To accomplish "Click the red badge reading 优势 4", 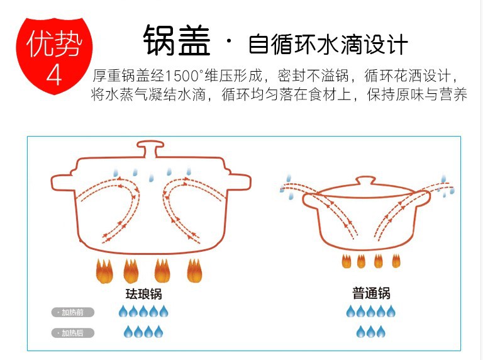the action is [54, 53].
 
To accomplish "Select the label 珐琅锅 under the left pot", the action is [148, 294].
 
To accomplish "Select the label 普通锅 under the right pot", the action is [371, 293].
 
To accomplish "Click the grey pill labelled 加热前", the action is [73, 312].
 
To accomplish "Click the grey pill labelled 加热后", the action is [73, 333].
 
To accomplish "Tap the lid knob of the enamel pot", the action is [149, 150].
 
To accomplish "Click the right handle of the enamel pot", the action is [236, 181].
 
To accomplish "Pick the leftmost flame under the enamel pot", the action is [104, 272].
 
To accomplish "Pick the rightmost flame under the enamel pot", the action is [194, 271].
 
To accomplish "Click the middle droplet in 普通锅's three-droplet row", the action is [371, 332].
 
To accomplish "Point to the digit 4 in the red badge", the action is [55, 74].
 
